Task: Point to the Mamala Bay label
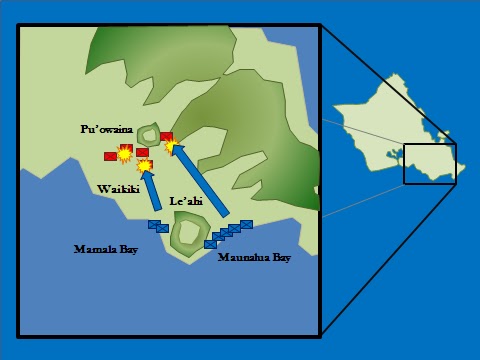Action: [x=105, y=248]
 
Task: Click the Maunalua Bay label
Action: [x=255, y=258]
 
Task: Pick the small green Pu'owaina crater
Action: [x=149, y=134]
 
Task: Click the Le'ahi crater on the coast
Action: [x=186, y=232]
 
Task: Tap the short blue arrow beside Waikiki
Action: [x=152, y=190]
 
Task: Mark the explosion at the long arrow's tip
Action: [x=171, y=146]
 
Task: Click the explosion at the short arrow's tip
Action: [x=145, y=166]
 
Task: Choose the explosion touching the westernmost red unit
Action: [x=124, y=154]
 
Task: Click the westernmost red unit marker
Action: [x=110, y=156]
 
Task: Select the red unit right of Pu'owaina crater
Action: [x=166, y=136]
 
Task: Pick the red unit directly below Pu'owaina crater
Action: [x=142, y=152]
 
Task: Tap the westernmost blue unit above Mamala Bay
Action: [x=153, y=224]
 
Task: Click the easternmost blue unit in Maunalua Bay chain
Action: [x=246, y=224]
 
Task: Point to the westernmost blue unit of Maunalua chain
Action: [x=210, y=244]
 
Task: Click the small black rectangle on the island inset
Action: [x=430, y=164]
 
